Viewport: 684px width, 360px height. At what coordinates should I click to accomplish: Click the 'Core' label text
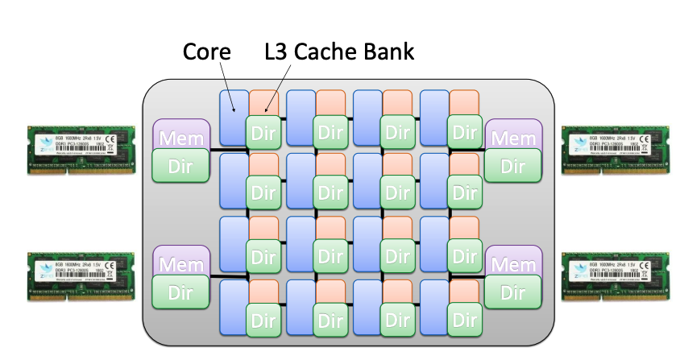tap(206, 53)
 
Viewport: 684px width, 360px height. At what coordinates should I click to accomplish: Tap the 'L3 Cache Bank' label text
tap(339, 53)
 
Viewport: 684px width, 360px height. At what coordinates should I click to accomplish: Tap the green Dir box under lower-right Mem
tap(513, 291)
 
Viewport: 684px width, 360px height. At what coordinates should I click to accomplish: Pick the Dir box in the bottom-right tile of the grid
tap(466, 320)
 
